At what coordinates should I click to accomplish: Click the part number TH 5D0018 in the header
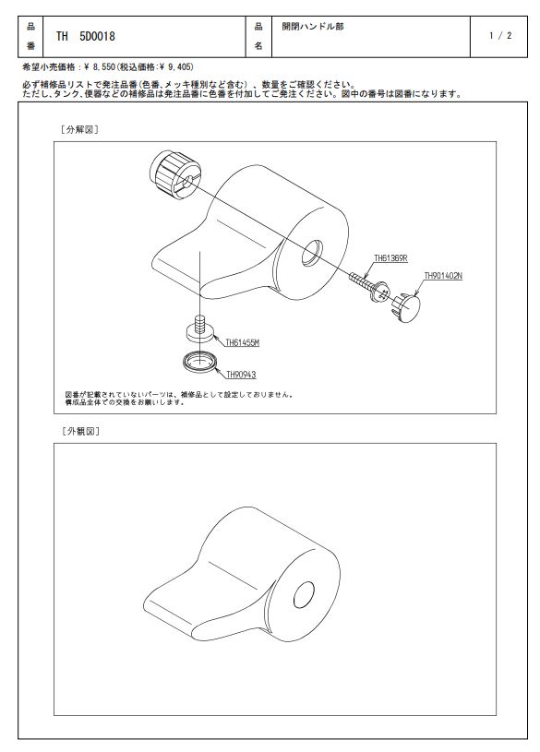point(86,37)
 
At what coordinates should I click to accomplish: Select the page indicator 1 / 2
point(500,35)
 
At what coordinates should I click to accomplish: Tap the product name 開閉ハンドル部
point(313,27)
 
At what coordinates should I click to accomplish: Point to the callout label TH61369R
point(390,258)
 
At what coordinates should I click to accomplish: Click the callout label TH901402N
point(443,276)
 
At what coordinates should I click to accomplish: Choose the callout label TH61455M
point(243,343)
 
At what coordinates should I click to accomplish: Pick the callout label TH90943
point(241,375)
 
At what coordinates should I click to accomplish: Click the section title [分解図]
point(79,129)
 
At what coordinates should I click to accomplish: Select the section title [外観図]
point(80,431)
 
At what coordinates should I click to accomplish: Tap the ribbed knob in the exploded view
point(175,175)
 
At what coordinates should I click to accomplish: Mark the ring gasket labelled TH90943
point(199,361)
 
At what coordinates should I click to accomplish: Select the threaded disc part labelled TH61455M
point(199,329)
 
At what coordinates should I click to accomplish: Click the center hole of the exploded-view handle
point(313,253)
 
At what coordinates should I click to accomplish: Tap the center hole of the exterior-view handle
point(304,595)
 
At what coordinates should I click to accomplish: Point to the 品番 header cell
point(30,37)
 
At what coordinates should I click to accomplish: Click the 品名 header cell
point(258,37)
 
